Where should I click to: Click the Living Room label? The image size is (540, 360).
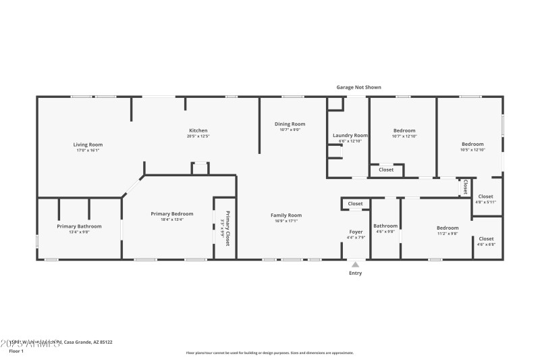[x=88, y=144]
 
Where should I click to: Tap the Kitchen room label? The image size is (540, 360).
[x=198, y=130]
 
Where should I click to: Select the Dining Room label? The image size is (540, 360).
[x=290, y=124]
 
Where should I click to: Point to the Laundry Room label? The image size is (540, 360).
[x=350, y=135]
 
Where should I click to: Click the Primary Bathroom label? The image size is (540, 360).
[x=79, y=226]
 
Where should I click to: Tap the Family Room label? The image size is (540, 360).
[x=286, y=215]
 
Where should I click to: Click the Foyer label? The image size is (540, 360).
[x=355, y=232]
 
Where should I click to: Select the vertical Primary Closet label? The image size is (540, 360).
[x=227, y=228]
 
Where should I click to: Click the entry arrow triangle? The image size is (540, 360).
[x=355, y=264]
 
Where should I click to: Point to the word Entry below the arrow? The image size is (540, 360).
[x=355, y=273]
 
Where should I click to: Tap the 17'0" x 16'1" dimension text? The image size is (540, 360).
[x=88, y=151]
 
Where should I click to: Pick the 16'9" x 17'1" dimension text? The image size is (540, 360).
[x=286, y=221]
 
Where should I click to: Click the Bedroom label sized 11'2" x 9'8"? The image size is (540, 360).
[x=447, y=228]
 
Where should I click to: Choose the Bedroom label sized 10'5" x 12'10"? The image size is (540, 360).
[x=473, y=144]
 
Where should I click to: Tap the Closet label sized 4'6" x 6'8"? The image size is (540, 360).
[x=486, y=238]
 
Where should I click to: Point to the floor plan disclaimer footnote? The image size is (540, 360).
[x=270, y=353]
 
